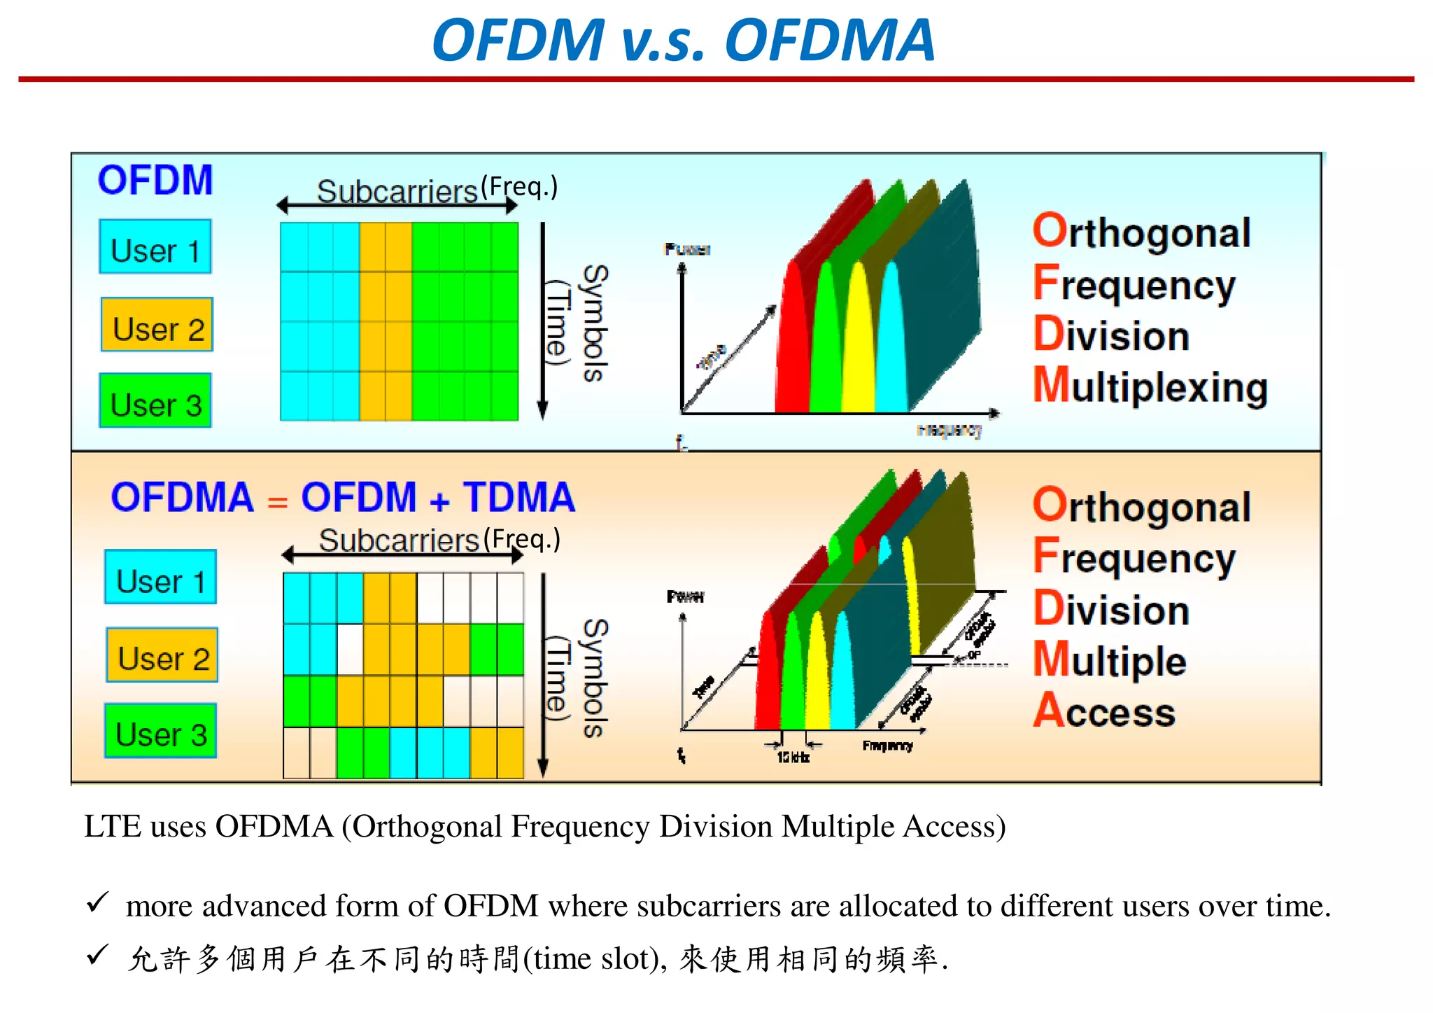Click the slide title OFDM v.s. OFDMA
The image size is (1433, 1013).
(683, 41)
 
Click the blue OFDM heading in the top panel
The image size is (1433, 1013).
(155, 181)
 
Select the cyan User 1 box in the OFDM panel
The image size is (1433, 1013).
(155, 247)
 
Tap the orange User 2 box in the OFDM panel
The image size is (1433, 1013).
(157, 325)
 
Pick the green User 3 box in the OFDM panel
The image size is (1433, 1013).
(155, 401)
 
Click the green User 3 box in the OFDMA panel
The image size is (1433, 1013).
(160, 731)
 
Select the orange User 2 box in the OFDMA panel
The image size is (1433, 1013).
(162, 655)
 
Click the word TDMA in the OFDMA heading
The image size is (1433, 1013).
(518, 498)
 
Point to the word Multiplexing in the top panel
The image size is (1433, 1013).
(1151, 387)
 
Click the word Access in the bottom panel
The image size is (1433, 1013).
(1105, 712)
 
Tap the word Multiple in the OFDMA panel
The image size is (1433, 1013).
(1110, 661)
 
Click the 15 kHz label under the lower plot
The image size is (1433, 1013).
(793, 758)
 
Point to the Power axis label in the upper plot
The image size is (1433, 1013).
(687, 249)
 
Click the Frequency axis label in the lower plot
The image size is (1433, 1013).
(887, 746)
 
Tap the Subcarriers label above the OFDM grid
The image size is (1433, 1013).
(397, 192)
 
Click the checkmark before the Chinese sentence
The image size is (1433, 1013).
(97, 955)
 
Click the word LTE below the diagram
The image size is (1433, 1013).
(111, 827)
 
